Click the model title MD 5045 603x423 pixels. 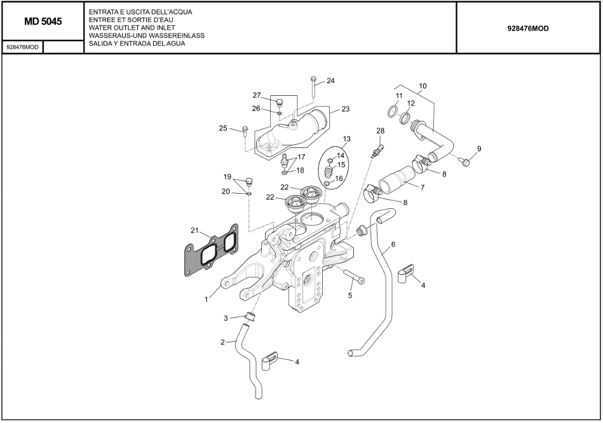(x=43, y=22)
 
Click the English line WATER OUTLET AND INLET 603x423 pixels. (x=132, y=28)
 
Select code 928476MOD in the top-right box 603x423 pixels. (x=528, y=29)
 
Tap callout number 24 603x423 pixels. (x=330, y=81)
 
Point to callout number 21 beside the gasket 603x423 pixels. (x=195, y=230)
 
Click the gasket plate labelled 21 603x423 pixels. (x=210, y=254)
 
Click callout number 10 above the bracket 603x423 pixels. (x=423, y=86)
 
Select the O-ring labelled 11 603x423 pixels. (x=393, y=112)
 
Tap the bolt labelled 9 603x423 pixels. (x=466, y=161)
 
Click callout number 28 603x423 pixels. (x=380, y=131)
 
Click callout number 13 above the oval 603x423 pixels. (x=346, y=138)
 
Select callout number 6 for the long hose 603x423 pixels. (x=393, y=244)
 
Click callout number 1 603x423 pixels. (x=206, y=299)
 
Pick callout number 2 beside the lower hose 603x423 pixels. (x=223, y=342)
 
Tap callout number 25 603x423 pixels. (x=223, y=128)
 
